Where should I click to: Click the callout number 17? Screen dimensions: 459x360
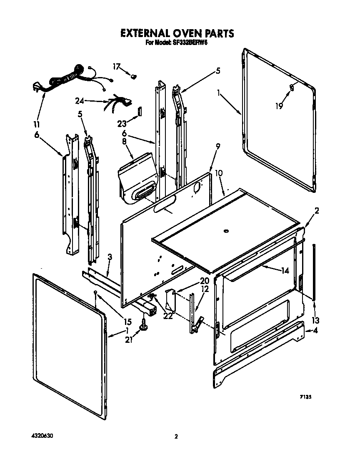(116, 66)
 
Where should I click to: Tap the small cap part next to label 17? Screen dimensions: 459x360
(134, 76)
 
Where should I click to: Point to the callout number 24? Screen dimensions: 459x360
(80, 100)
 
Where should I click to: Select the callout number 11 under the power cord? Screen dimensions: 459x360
(37, 124)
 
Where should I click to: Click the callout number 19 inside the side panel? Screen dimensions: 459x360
(279, 106)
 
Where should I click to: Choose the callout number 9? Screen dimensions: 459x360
(218, 146)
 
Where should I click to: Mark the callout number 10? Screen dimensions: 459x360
(219, 172)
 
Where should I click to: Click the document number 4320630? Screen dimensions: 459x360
(42, 436)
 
